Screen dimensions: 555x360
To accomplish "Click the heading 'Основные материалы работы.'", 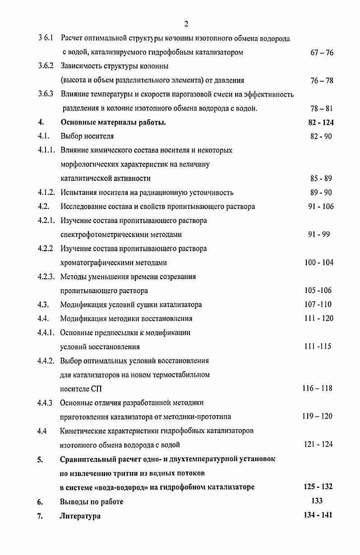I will point(113,122).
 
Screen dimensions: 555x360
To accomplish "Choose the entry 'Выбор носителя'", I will point(87,136).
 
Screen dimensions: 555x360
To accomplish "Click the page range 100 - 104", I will point(318,263).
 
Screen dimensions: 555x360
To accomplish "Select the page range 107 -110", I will point(318,305).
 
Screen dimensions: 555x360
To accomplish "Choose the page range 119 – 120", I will point(317,416).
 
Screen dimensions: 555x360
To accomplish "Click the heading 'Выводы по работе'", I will point(92,502).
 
